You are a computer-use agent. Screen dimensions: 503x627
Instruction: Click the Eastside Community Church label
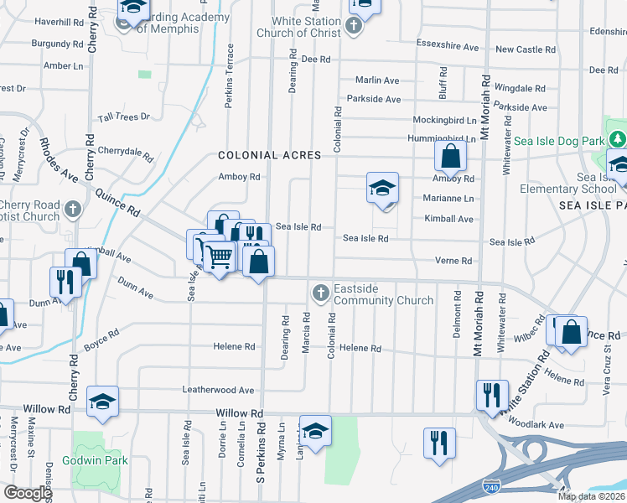coord(383,294)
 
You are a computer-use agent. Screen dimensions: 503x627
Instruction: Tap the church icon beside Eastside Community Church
coord(319,293)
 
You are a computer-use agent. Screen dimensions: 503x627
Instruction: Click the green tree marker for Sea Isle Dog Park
coord(618,139)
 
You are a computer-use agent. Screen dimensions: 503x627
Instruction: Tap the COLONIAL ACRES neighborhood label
coord(270,155)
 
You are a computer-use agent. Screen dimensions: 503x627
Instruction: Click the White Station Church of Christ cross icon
coord(354,27)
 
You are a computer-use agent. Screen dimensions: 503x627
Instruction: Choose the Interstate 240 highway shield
coord(493,485)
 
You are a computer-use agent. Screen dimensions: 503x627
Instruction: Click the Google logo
coord(27,493)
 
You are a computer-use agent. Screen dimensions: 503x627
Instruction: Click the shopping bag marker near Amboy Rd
coord(451,156)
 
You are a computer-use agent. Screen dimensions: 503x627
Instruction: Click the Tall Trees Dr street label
coord(124,118)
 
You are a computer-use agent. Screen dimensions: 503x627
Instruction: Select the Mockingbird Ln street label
coord(442,120)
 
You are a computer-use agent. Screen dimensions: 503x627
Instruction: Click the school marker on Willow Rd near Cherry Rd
coord(102,402)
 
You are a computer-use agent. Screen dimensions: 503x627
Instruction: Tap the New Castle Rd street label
coord(526,49)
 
